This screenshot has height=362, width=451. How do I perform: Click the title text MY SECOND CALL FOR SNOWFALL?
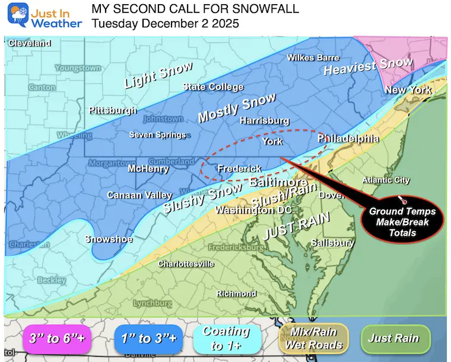195,9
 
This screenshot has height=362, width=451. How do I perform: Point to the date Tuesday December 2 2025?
166,24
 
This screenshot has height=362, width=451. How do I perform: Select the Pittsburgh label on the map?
113,110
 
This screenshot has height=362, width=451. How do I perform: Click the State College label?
213,87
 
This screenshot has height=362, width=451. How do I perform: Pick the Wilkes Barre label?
313,57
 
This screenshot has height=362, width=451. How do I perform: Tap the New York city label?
408,90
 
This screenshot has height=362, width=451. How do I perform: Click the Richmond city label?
236,293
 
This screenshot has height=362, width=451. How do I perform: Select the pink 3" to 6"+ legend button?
54,339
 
